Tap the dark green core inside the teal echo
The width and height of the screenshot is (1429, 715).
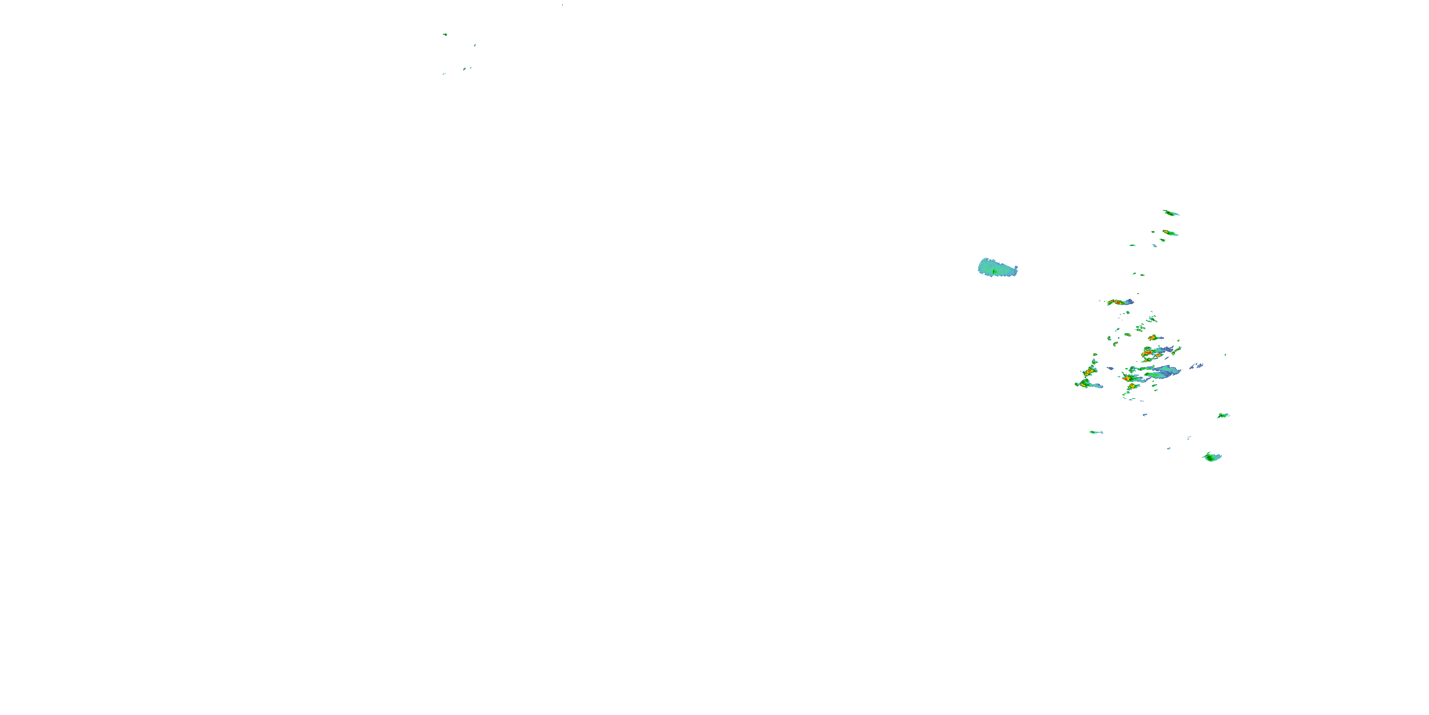pos(994,271)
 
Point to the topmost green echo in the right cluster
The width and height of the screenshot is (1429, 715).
pos(1170,213)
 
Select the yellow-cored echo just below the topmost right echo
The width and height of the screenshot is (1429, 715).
pos(1169,233)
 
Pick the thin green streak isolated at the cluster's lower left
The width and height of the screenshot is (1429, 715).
pos(1096,432)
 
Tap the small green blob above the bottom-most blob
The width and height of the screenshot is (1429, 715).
pos(1223,415)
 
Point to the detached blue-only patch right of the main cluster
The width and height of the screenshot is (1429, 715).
pos(1196,366)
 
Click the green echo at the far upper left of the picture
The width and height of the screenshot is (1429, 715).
pos(445,34)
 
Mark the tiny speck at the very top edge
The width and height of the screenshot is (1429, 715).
pos(563,4)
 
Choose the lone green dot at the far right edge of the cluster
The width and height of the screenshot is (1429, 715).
pos(1225,354)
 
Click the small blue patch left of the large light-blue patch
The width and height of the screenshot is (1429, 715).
pos(1111,368)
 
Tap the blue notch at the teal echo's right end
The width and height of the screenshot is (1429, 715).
pos(1015,270)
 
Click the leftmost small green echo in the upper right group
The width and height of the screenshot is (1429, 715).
pos(1132,245)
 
